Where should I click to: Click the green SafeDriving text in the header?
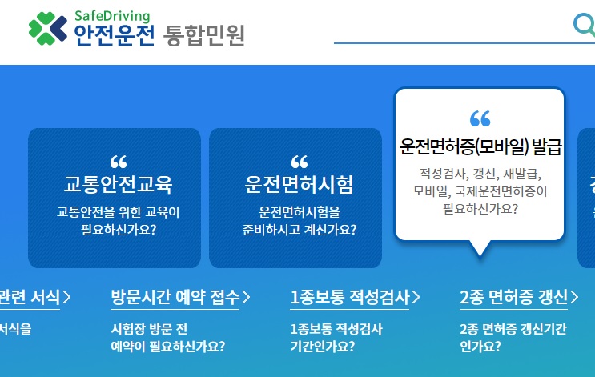pyautogui.click(x=111, y=14)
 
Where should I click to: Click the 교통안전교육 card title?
pyautogui.click(x=118, y=184)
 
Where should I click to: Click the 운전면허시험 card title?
pyautogui.click(x=299, y=184)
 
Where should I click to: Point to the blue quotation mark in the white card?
pyautogui.click(x=480, y=119)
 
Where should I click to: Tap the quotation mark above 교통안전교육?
pyautogui.click(x=118, y=161)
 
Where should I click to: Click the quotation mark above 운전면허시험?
pyautogui.click(x=300, y=161)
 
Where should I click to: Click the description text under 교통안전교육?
pyautogui.click(x=118, y=221)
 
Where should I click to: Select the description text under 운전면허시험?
pyautogui.click(x=300, y=221)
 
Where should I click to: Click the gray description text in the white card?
pyautogui.click(x=480, y=191)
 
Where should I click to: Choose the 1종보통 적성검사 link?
pyautogui.click(x=350, y=297)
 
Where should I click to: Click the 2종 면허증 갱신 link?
pyautogui.click(x=513, y=297)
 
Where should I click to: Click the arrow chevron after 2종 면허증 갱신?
pyautogui.click(x=575, y=298)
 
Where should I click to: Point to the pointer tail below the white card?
pyautogui.click(x=480, y=248)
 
